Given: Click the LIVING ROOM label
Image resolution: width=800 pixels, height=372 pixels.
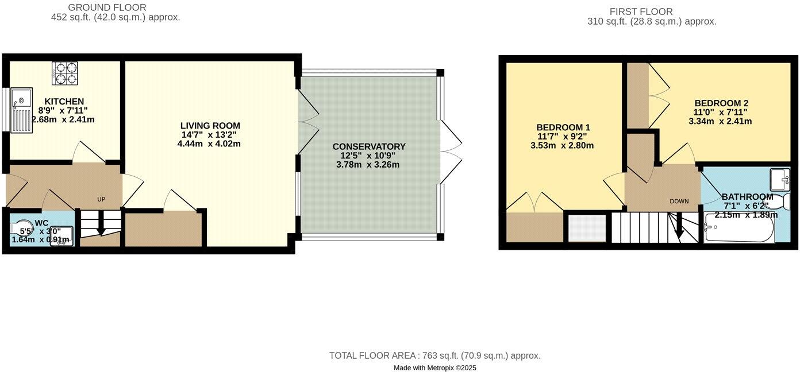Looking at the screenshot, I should coord(210,126).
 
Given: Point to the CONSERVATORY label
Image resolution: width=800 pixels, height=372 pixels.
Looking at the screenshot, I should coord(369,146).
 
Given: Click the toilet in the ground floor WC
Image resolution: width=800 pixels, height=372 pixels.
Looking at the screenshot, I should coord(22,227).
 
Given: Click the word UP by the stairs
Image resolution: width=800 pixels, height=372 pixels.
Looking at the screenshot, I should coord(101,199).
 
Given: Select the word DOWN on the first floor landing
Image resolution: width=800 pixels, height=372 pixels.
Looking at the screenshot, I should coord(679,201).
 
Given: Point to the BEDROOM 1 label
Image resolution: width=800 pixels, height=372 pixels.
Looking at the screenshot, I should coord(563,127).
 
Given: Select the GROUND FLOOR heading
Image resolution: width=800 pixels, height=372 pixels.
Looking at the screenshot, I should coord(107,7).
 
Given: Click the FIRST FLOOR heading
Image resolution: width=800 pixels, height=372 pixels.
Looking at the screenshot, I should coord(641,11).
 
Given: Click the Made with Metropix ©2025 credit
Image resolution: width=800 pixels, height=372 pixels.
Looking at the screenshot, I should coord(434,367).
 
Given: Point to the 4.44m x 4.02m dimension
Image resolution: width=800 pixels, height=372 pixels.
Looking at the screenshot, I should coord(209,144).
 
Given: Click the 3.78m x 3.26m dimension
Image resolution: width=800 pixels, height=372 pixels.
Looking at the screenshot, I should coord(368,165).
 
